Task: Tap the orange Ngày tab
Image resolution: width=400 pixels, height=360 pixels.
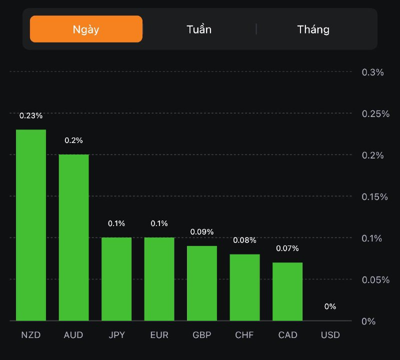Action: tap(86, 29)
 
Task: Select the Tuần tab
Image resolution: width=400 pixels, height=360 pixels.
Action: tap(199, 29)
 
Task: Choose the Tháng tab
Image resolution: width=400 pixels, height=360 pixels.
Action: tap(313, 29)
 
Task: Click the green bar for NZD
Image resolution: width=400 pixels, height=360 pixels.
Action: tap(31, 225)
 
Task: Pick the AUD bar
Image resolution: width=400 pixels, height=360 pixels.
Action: tap(73, 237)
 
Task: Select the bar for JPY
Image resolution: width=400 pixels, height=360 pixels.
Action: tap(116, 279)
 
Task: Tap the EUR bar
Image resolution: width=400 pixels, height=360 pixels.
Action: tap(159, 279)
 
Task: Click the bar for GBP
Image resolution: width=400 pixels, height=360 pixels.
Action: tap(202, 283)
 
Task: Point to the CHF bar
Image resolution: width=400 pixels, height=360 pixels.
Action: tap(245, 287)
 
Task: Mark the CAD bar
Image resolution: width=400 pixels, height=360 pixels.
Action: tap(287, 291)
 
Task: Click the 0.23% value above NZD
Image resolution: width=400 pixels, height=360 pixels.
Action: tap(31, 115)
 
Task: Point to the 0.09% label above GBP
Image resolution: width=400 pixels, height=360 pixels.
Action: tap(202, 232)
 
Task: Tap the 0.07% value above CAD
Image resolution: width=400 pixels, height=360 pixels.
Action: tap(287, 248)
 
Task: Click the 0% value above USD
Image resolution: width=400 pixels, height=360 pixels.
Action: tap(330, 306)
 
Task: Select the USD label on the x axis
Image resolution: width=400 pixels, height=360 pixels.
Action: tap(330, 335)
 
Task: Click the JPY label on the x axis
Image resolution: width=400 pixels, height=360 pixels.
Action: tap(116, 335)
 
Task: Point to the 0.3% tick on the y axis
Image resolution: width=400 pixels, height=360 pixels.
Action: tap(372, 72)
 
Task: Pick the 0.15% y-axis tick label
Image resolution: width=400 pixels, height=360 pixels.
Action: tap(375, 196)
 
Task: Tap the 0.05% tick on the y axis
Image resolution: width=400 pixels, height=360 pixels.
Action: tap(375, 279)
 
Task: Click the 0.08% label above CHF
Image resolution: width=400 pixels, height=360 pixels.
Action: tap(245, 240)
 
